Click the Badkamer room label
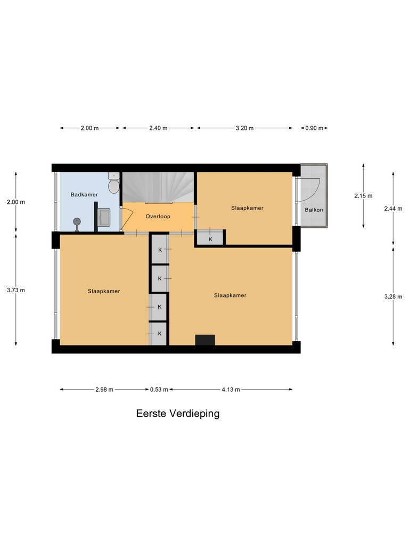(84, 195)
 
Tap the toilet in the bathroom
(113, 184)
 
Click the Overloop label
(158, 217)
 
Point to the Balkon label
(314, 210)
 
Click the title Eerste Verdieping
(177, 414)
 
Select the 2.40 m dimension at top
(158, 128)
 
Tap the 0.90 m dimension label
(314, 128)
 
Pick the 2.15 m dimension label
(363, 195)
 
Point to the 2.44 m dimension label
(394, 209)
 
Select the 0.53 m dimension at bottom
(159, 390)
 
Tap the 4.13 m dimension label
(231, 390)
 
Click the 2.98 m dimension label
(104, 390)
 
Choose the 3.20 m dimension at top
(244, 128)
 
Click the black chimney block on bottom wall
(205, 340)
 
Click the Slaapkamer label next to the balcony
(247, 208)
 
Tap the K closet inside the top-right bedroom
(210, 238)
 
